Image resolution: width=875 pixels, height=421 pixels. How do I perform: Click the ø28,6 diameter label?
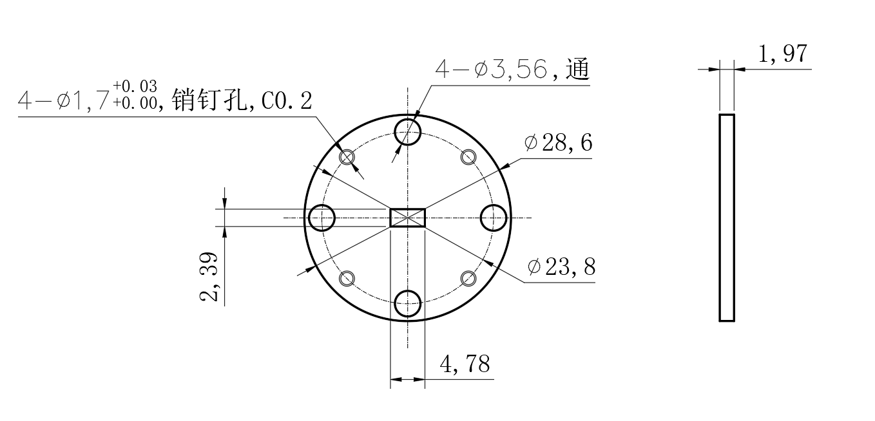(558, 142)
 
